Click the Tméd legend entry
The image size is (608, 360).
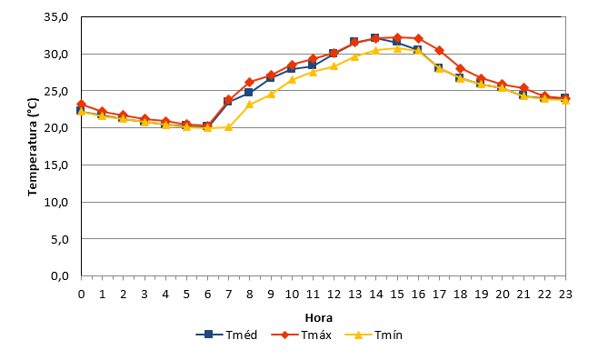coord(226,335)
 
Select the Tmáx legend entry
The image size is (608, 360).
coord(302,335)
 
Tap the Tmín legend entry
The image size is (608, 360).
coord(374,335)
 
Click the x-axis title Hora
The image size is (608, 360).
coord(319,318)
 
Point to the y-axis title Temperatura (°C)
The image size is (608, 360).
coord(33,147)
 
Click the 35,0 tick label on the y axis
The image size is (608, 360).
coord(56,17)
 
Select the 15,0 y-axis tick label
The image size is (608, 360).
coord(56,165)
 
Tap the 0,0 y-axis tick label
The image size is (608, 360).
coord(60,275)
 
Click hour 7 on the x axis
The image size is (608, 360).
coord(228,295)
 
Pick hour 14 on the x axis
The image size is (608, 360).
coord(375,295)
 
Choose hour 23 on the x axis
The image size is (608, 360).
coord(565,295)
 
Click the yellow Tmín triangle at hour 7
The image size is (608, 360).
coord(228,127)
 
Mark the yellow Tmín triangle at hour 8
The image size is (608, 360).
coord(249,104)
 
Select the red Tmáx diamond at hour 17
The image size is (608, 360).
coord(439,50)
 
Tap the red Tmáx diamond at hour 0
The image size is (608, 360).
coord(82,104)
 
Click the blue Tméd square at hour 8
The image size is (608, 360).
coord(248,93)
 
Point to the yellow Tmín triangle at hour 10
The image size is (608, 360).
coord(292,79)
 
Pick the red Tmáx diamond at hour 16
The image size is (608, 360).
coord(418,38)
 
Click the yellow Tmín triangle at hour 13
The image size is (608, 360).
coord(354,56)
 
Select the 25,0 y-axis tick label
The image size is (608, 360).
coord(56,91)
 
